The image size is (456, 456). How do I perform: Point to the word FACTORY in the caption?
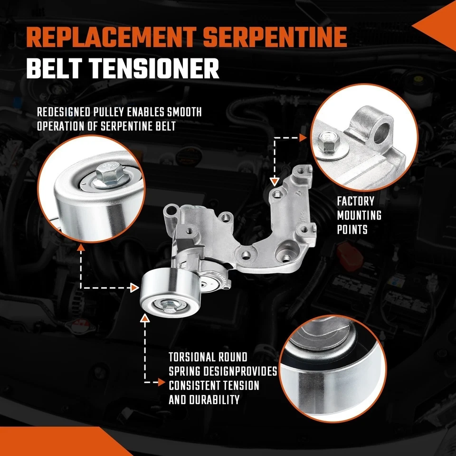point(356,201)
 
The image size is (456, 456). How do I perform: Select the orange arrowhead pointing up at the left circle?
point(82,247)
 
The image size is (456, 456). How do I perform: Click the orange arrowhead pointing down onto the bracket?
point(274,181)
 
